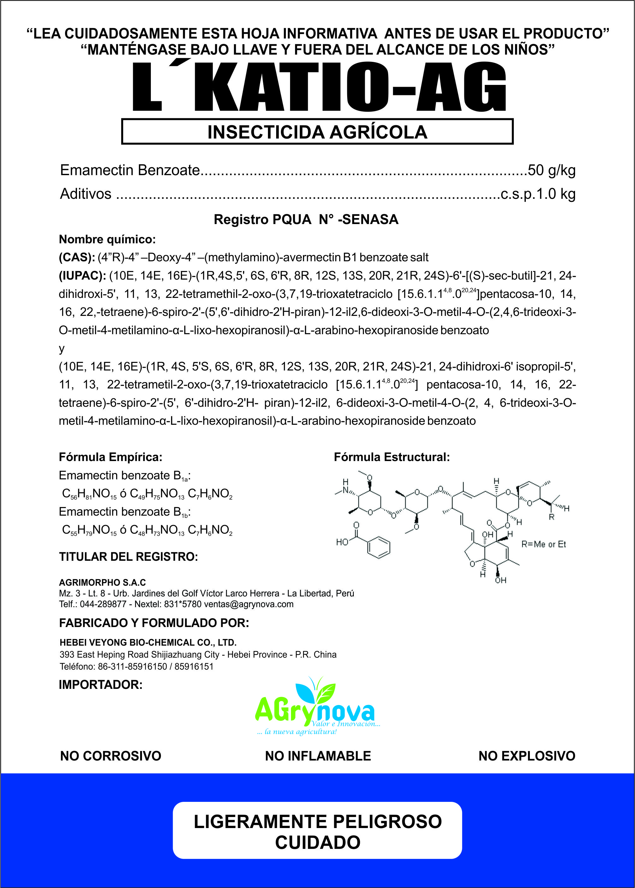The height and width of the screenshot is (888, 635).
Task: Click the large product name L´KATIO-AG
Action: coord(319,87)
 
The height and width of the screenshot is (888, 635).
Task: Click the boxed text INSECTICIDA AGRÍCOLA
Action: coord(317,132)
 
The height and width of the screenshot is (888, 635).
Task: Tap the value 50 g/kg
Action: coord(551,170)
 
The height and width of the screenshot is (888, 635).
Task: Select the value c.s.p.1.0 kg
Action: coord(538,194)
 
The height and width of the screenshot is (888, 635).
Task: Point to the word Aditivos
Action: coord(86,194)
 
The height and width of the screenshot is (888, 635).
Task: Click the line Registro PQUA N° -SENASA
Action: coord(306,220)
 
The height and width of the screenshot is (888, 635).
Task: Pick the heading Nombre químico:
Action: coord(107,239)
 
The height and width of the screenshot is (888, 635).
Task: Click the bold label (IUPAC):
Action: coord(82,276)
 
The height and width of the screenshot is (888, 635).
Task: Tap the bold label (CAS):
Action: coord(77,258)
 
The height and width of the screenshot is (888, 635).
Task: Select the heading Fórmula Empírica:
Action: coord(110,457)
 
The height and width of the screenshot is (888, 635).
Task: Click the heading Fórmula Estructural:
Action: coord(391,457)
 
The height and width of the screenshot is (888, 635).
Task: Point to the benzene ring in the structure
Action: coord(378,547)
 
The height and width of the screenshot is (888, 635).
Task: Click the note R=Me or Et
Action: coord(543,544)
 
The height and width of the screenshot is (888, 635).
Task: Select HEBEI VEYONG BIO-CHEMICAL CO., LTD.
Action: coord(148,642)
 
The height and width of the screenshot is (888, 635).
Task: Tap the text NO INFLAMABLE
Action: coord(318,756)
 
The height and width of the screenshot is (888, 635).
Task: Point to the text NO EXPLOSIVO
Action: coord(527,756)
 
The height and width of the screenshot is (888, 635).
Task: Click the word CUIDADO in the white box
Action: coord(317,842)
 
